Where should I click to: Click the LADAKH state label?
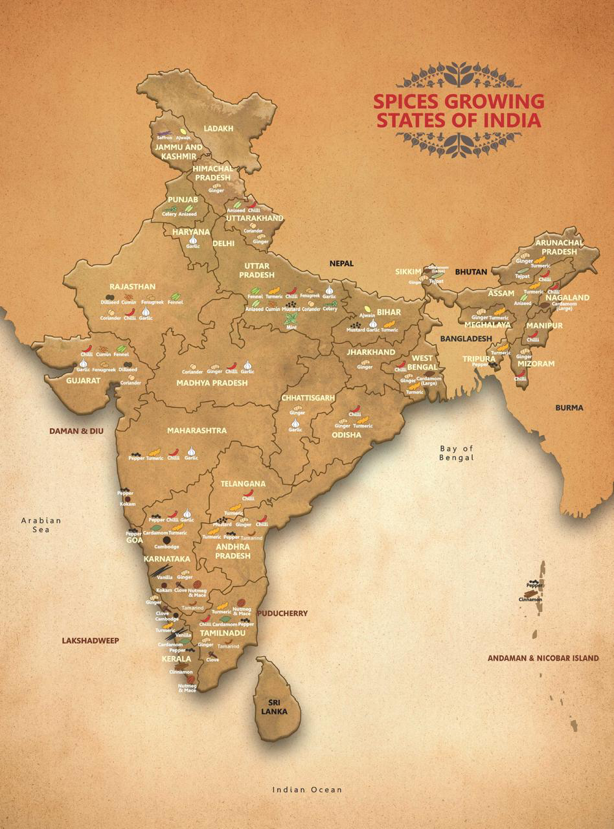[218, 129]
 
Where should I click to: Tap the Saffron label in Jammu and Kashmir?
[165, 137]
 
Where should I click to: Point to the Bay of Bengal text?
[457, 453]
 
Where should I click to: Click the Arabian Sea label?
[40, 525]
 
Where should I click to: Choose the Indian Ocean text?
[306, 789]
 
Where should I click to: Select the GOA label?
[135, 539]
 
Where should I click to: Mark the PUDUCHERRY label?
[282, 613]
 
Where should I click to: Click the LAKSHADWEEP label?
[91, 641]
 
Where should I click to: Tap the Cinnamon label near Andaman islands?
[530, 600]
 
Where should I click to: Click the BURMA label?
[569, 407]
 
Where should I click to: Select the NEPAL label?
[341, 264]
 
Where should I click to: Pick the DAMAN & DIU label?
[76, 430]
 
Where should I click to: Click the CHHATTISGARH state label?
[308, 397]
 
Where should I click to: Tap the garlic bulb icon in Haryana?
[192, 240]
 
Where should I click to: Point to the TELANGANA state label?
[243, 484]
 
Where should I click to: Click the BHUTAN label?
[470, 272]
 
